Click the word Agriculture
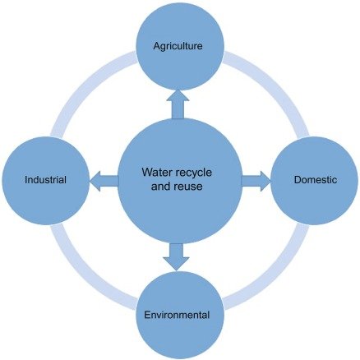click(x=178, y=47)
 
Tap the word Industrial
click(x=45, y=179)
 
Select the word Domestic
click(x=314, y=179)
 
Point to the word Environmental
click(x=178, y=315)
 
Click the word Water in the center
click(x=159, y=173)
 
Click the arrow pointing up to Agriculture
click(x=178, y=104)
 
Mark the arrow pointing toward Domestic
click(x=256, y=180)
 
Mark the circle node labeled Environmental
click(x=178, y=329)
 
